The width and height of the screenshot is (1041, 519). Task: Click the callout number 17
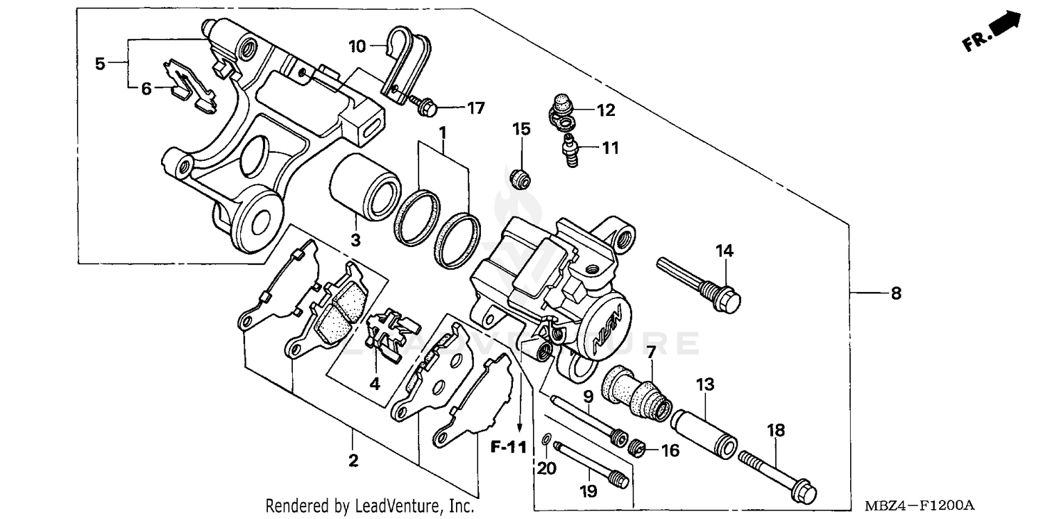coord(475,108)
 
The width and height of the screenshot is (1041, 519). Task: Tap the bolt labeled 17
coord(423,105)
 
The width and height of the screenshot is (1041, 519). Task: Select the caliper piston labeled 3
coord(364,187)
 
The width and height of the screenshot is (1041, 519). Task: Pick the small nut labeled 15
coord(519,179)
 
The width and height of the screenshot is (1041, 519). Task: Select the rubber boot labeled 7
coord(637,392)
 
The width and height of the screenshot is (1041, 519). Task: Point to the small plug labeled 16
coord(638,448)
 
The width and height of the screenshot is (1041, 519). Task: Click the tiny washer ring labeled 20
coord(546,439)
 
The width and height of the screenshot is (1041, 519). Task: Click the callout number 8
coord(895,293)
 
